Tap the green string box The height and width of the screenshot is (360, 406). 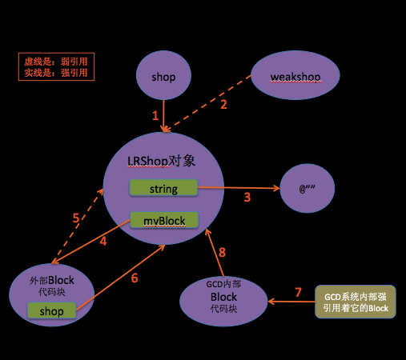click(163, 189)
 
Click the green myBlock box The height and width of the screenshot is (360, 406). click(163, 219)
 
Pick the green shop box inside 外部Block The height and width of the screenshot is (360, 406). click(51, 310)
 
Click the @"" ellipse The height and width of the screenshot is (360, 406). click(308, 190)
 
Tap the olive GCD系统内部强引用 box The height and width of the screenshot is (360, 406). click(355, 302)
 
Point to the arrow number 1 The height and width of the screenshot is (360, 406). click(155, 115)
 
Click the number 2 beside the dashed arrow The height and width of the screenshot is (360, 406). click(223, 103)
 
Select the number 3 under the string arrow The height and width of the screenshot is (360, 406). click(247, 197)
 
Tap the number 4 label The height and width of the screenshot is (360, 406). click(103, 240)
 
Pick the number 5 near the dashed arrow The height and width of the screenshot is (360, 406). click(75, 218)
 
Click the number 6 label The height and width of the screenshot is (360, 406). click(134, 278)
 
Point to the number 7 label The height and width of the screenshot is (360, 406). click(298, 291)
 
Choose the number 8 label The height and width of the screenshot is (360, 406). click(222, 252)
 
